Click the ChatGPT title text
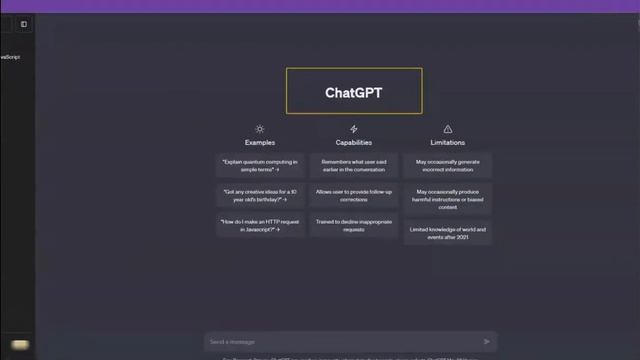[353, 92]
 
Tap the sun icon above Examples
[260, 129]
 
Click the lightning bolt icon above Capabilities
[353, 129]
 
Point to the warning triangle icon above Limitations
[447, 129]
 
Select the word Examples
[260, 143]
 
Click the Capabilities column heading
[353, 143]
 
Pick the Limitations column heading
[447, 143]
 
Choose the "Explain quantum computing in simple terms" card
[260, 164]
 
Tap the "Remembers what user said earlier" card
[353, 164]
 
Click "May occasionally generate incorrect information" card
[447, 164]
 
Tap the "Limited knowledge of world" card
[447, 232]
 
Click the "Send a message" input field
[340, 342]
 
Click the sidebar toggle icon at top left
[24, 24]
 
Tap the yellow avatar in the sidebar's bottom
[20, 345]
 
